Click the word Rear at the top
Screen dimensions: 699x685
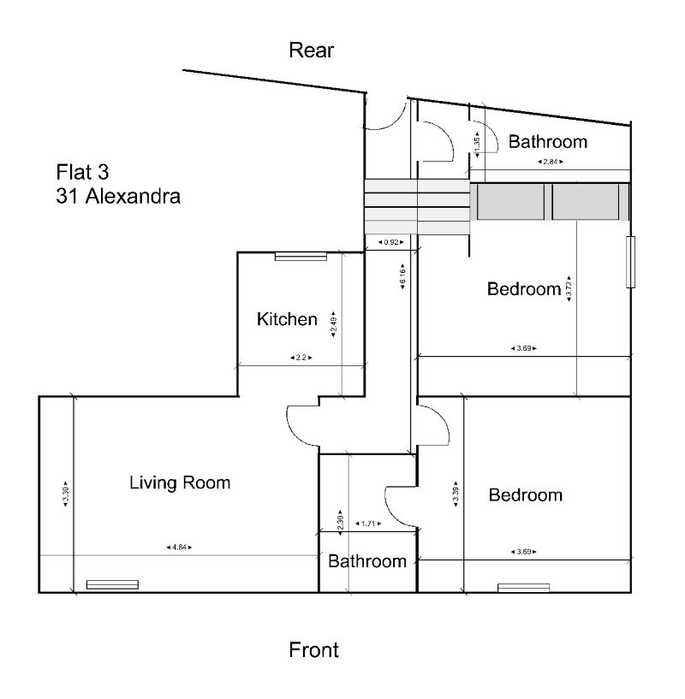tap(311, 50)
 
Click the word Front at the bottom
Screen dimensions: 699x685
tap(313, 650)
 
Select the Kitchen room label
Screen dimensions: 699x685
tap(287, 320)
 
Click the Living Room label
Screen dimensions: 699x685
tap(180, 483)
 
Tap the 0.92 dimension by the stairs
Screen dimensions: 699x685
tap(391, 242)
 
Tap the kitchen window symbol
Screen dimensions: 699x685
tap(300, 256)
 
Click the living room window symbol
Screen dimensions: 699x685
tap(112, 585)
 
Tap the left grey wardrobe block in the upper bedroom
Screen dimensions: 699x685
tap(510, 202)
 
